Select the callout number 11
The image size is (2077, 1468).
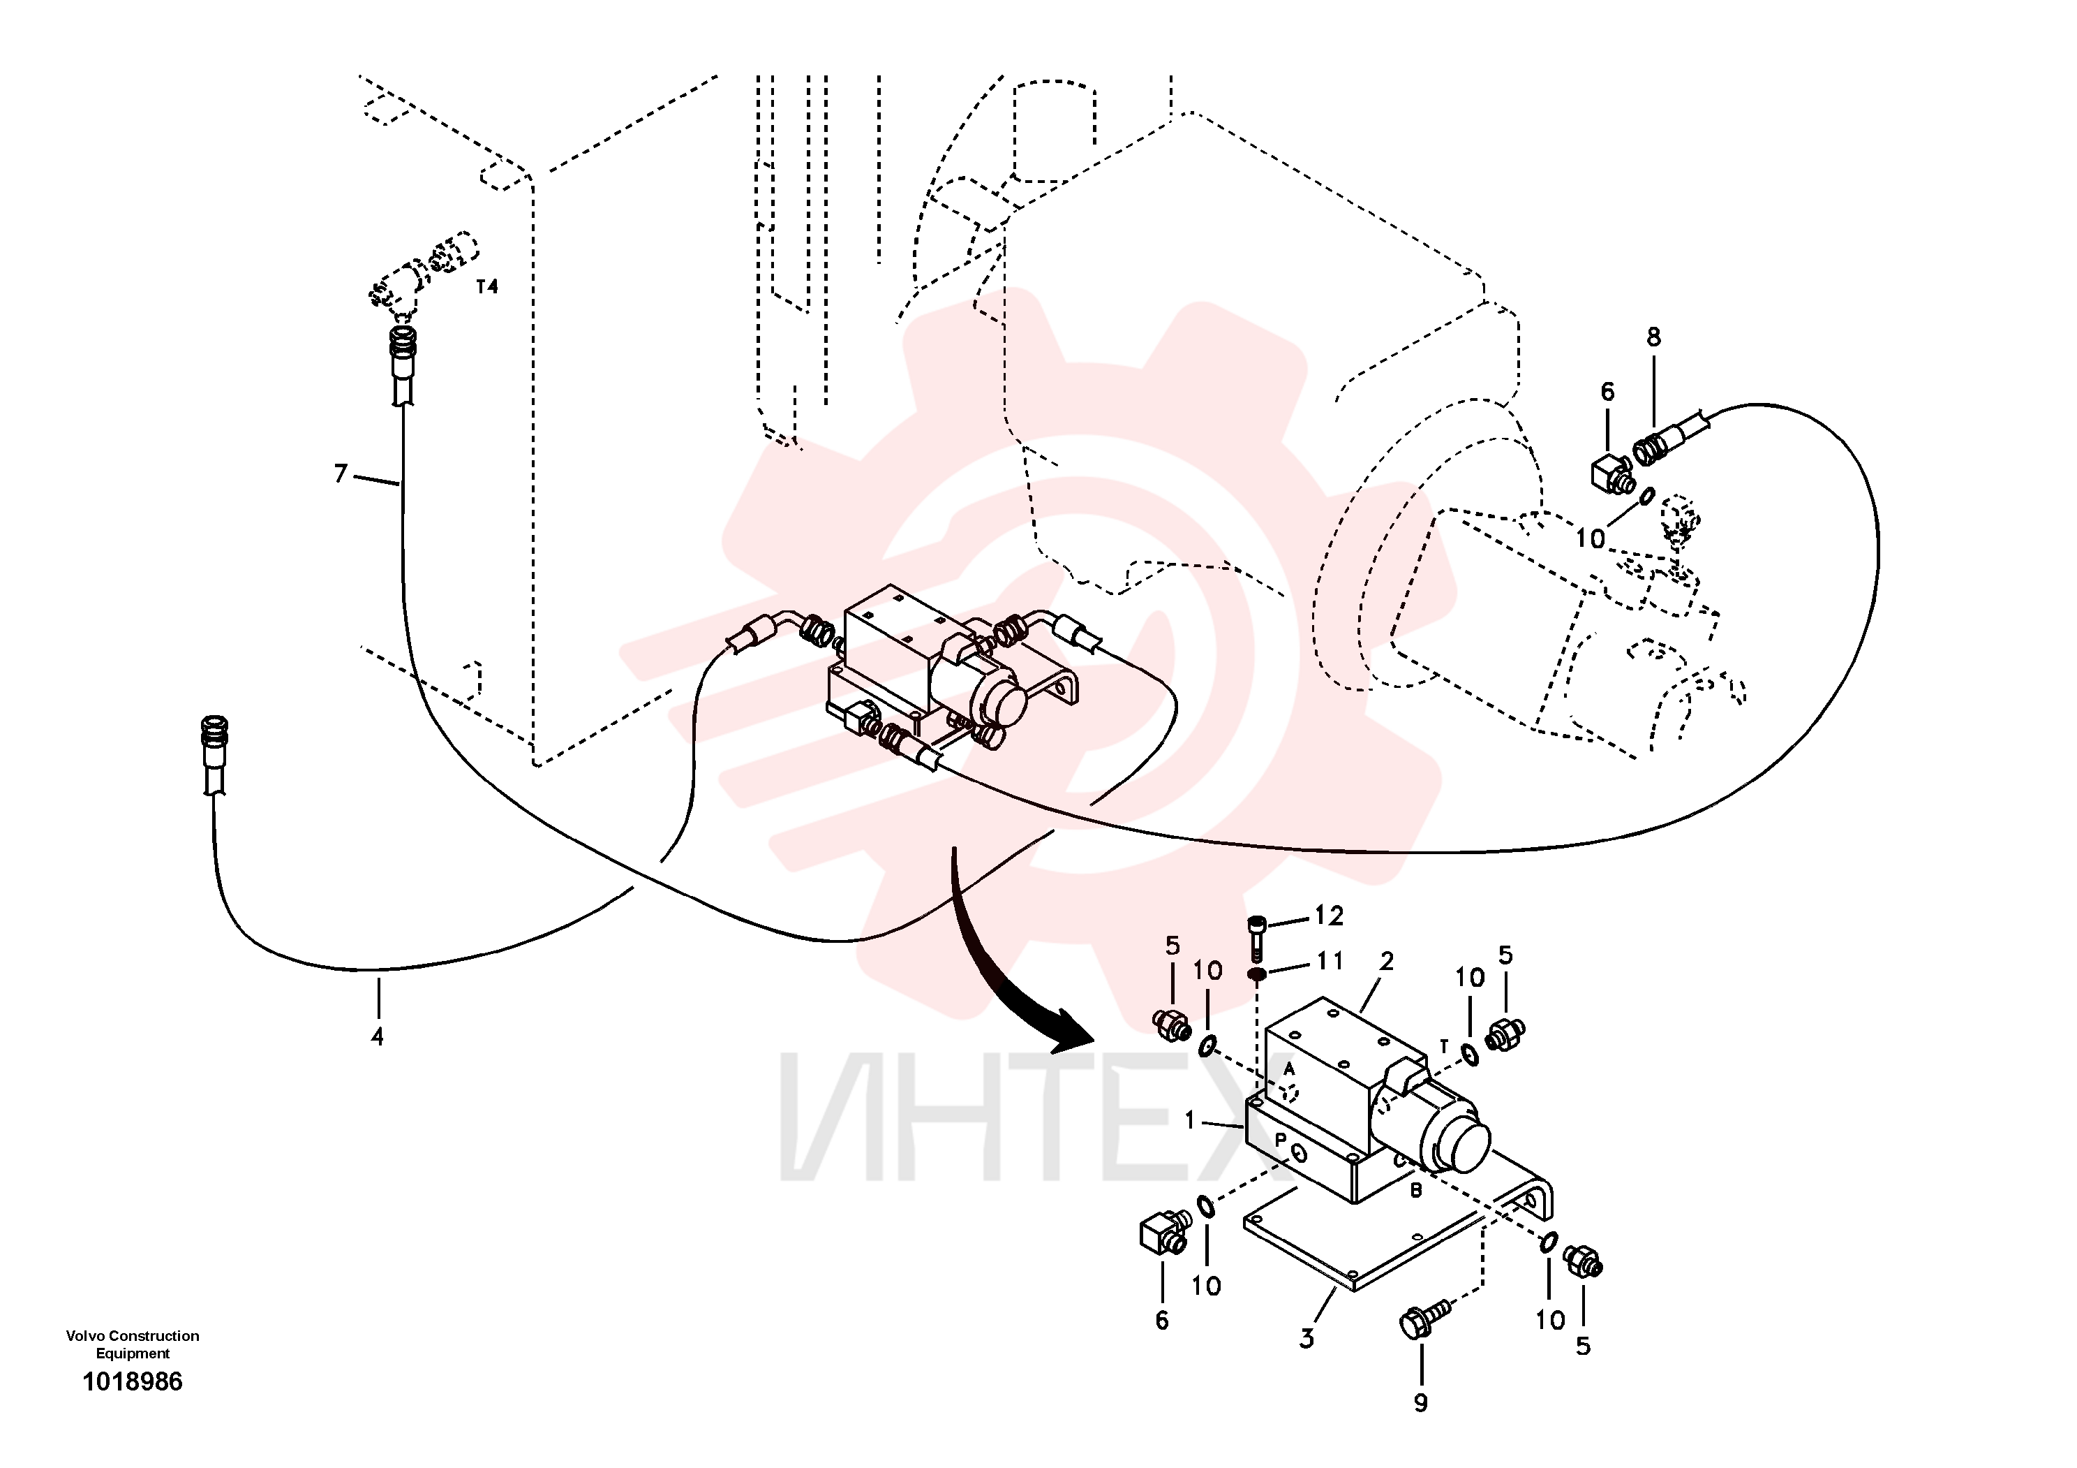point(1328,960)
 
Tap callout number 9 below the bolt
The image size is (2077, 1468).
point(1420,1403)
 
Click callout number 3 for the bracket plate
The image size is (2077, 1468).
point(1306,1339)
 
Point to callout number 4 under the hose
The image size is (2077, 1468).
point(378,1036)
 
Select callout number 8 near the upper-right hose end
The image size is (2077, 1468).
point(1653,337)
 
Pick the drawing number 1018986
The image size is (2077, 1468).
point(133,1382)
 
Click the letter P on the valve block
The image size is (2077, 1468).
point(1281,1140)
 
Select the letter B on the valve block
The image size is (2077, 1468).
point(1416,1191)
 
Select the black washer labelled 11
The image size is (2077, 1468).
point(1256,975)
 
